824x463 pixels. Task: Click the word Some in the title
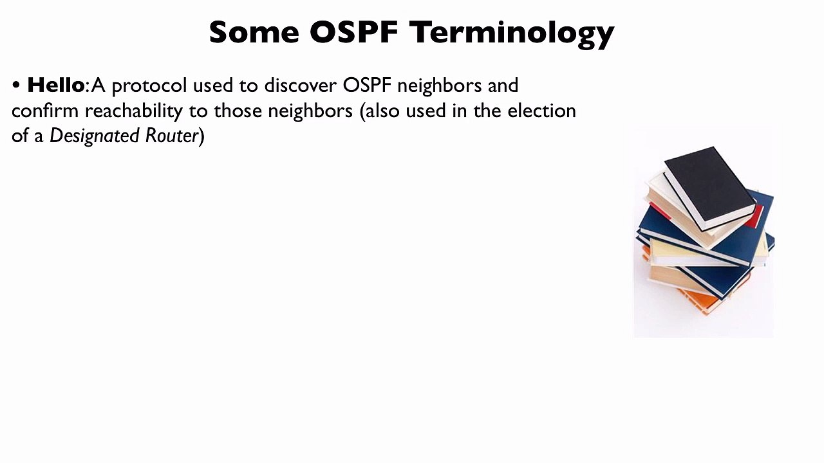(x=254, y=32)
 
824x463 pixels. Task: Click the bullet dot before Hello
(x=16, y=86)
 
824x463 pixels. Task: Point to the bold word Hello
(x=55, y=85)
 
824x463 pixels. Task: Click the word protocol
(x=149, y=86)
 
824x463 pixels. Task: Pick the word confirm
(x=44, y=111)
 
